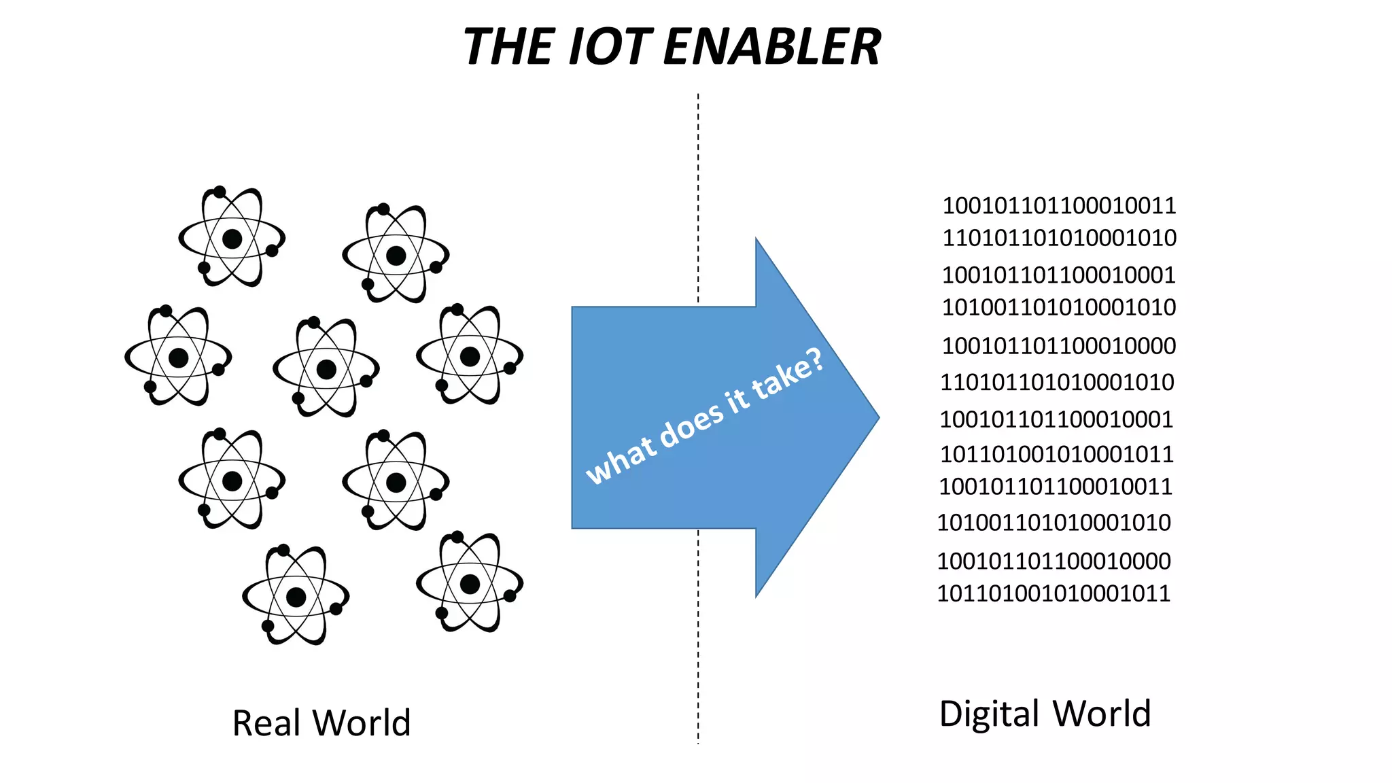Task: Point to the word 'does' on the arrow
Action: tap(691, 426)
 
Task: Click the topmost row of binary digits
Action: tap(1058, 205)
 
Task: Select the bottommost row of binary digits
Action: tap(1053, 593)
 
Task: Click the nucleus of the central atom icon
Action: tap(326, 369)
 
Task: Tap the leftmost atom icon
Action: tap(178, 358)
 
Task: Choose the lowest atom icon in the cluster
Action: tap(296, 597)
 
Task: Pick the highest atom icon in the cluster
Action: tap(232, 239)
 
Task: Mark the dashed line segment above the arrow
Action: tap(698, 197)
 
